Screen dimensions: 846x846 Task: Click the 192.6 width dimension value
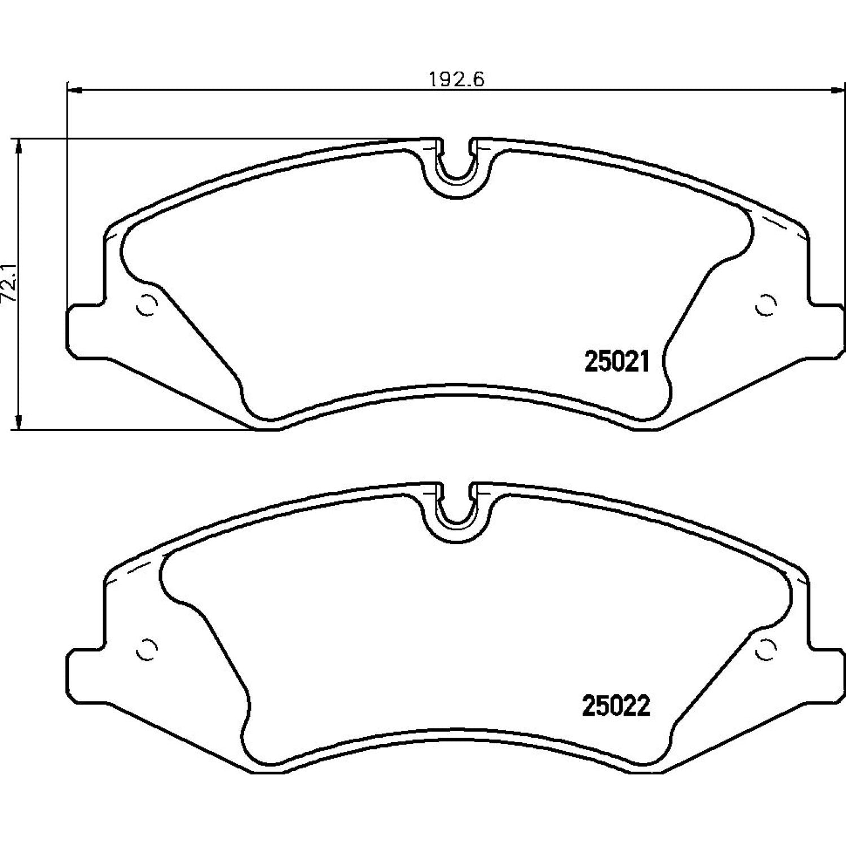pos(457,79)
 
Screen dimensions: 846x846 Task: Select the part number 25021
pos(618,362)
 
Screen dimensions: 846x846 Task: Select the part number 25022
pos(616,706)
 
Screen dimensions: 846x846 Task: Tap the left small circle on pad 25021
pos(146,305)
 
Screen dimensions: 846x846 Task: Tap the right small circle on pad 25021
pos(765,305)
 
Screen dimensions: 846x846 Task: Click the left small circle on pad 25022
pos(146,650)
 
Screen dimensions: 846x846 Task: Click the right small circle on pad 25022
pos(765,650)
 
